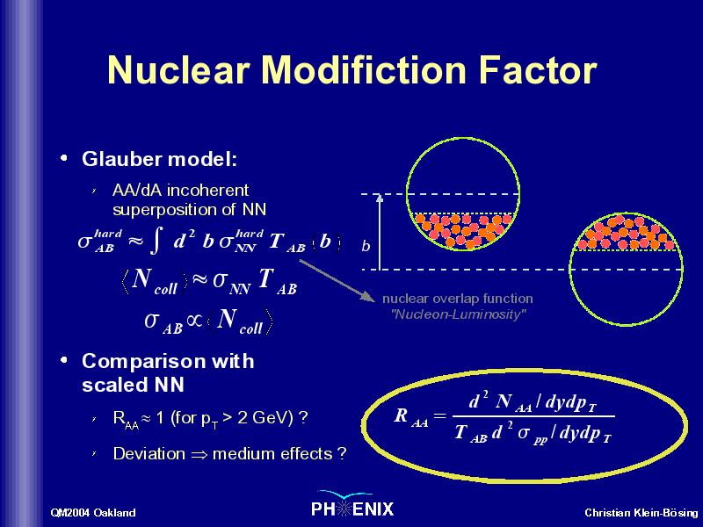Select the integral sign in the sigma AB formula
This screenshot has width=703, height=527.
tap(156, 241)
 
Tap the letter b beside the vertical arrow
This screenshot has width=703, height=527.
tap(366, 246)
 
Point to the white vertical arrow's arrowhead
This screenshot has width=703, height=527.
tap(380, 198)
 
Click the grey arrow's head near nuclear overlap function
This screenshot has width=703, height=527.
tap(368, 296)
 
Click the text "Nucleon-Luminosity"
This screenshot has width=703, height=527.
tap(458, 314)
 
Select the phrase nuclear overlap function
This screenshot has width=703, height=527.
tap(458, 299)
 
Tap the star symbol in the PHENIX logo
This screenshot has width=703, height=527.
tap(344, 509)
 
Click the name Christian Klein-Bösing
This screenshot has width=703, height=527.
tap(641, 513)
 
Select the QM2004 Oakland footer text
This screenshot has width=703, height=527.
tap(93, 513)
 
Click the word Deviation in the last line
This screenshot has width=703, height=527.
tap(149, 453)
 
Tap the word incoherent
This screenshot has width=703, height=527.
tap(207, 191)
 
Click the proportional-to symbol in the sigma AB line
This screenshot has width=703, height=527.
tap(194, 321)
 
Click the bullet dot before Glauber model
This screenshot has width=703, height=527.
tap(64, 158)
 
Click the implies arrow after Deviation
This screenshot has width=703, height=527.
tap(199, 455)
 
